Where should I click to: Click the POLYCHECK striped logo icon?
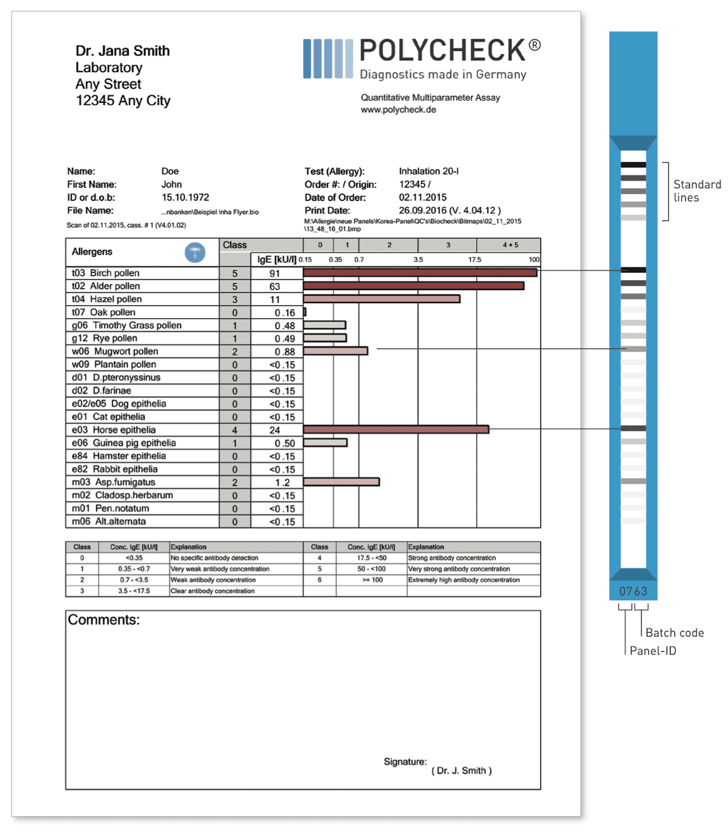pos(327,59)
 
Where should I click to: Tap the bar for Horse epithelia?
pos(395,429)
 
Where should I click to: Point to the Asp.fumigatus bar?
pos(341,482)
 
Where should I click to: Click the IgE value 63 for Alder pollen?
pos(274,287)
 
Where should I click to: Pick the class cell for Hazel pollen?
pos(234,300)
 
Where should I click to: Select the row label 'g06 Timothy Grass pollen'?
pos(126,325)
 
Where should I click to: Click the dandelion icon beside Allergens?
pos(195,252)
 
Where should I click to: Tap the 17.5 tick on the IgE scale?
pos(474,259)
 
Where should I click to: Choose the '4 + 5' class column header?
pos(510,245)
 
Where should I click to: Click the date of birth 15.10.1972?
pos(185,197)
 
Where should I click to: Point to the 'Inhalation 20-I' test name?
pos(428,171)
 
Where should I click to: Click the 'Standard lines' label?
pos(696,191)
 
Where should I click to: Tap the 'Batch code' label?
pos(674,633)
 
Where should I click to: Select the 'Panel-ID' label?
pos(652,651)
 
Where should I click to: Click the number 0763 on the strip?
pos(633,591)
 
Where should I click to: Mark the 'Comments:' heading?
pos(104,619)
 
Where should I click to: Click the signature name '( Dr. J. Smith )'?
pos(461,770)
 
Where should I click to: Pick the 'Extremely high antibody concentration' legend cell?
pos(463,580)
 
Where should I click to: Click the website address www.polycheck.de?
pos(398,109)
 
